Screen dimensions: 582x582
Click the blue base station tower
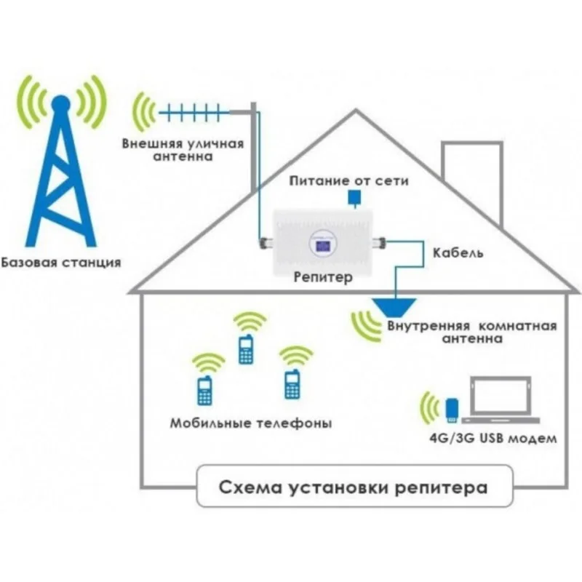[62, 182]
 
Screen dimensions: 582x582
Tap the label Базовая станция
[61, 261]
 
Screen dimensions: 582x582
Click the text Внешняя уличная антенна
[183, 149]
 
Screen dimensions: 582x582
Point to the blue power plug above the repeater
[354, 197]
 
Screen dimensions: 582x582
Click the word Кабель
[458, 254]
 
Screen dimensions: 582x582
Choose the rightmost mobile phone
[293, 383]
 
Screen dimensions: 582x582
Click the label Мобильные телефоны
[251, 423]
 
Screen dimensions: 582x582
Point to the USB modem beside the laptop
[452, 410]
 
